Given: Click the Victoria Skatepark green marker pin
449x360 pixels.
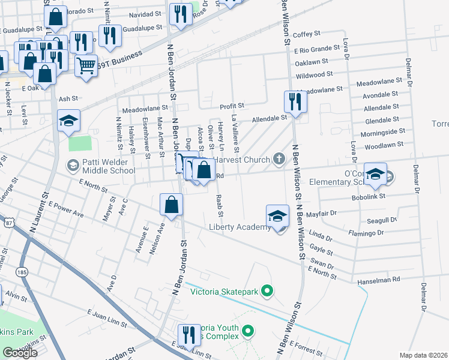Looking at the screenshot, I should (268, 292).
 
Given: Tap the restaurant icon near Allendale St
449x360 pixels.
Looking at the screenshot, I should (294, 102).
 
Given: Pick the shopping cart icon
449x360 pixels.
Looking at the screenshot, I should (86, 65).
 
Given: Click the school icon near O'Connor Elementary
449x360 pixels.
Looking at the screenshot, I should (375, 175).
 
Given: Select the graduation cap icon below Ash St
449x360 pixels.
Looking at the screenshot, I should (68, 121).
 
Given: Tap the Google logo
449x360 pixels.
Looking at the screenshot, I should (20, 353).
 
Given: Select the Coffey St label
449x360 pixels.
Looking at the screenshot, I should (307, 35).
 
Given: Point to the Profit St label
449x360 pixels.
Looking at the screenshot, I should (232, 106).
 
